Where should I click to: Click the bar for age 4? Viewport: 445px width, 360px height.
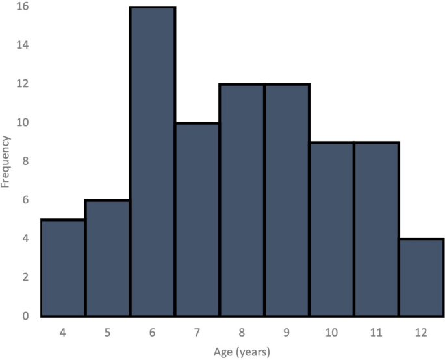pos(63,268)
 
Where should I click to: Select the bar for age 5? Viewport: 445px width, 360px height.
pos(108,258)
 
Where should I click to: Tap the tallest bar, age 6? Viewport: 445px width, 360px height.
pos(153,162)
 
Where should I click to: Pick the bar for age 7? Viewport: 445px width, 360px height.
pos(197,220)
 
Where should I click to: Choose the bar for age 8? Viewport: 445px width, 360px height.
pos(242,200)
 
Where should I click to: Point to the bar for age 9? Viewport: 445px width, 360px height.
pos(287,200)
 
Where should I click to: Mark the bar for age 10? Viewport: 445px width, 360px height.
pos(332,229)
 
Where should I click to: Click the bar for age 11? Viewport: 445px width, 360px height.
pos(377,229)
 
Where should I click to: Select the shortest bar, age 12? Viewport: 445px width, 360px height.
pos(422,277)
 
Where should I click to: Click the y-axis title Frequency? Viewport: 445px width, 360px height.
pos(6,161)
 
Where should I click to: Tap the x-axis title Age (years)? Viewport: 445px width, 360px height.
pos(242,352)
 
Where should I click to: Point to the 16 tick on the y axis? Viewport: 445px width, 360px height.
pos(25,7)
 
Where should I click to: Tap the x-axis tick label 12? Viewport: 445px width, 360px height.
pos(422,332)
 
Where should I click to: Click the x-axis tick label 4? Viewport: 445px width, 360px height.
pos(63,332)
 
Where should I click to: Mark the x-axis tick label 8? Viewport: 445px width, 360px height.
pos(242,332)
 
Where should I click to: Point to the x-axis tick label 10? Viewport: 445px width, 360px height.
pos(332,332)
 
